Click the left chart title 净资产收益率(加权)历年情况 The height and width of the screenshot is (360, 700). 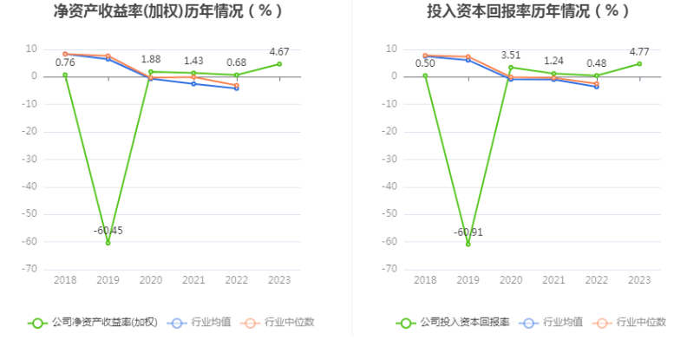tap(168, 12)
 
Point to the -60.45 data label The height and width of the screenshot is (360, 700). tap(108, 230)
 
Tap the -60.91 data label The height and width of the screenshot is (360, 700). tap(468, 232)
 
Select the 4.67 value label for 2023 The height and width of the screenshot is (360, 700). tap(279, 51)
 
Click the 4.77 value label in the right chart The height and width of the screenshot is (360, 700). tap(639, 51)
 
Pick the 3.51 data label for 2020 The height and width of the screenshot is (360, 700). tap(511, 55)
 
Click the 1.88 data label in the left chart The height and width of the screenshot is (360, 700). tap(151, 59)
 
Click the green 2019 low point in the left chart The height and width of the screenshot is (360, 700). tap(108, 243)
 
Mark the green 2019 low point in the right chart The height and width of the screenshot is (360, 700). tap(468, 244)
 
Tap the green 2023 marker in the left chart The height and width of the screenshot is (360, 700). tap(279, 63)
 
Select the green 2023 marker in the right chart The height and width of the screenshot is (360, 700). tap(639, 63)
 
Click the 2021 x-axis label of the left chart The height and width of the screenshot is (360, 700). tap(193, 280)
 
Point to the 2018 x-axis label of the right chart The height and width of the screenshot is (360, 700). tap(425, 280)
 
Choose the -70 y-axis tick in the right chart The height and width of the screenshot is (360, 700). tap(391, 269)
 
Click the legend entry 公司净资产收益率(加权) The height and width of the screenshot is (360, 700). tap(93, 323)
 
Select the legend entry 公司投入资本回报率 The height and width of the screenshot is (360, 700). tap(454, 323)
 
